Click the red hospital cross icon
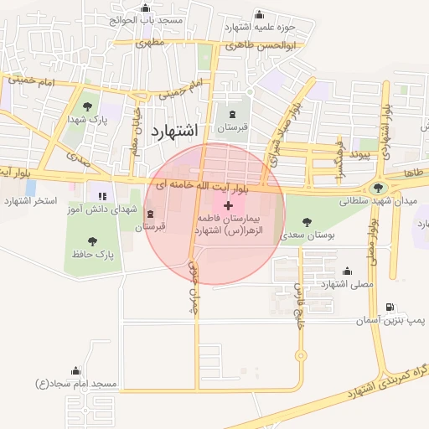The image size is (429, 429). tap(229, 205)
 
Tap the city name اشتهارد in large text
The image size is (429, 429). tap(175, 132)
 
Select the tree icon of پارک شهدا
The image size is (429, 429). tap(88, 106)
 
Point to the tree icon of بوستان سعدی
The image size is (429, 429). tap(305, 221)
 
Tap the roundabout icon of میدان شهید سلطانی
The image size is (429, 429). tap(380, 189)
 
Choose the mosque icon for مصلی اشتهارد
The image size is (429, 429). tap(347, 271)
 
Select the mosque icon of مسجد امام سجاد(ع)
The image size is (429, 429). tap(76, 370)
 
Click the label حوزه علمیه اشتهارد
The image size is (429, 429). tap(261, 26)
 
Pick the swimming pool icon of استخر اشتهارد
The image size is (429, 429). tap(30, 189)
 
